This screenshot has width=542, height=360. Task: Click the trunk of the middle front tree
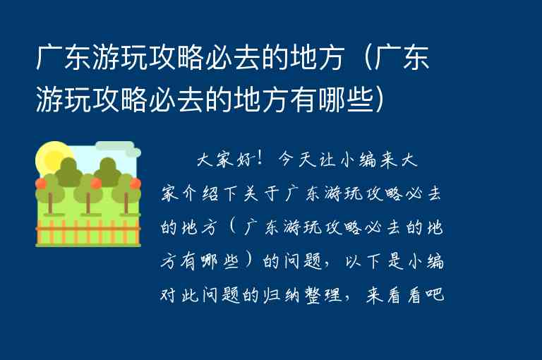pos(88,203)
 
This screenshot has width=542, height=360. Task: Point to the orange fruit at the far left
pos(41,184)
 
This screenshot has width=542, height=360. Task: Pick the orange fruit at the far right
pos(135,184)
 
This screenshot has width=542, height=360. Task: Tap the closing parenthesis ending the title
pos(380,100)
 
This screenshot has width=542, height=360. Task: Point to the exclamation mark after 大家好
pos(262,160)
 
